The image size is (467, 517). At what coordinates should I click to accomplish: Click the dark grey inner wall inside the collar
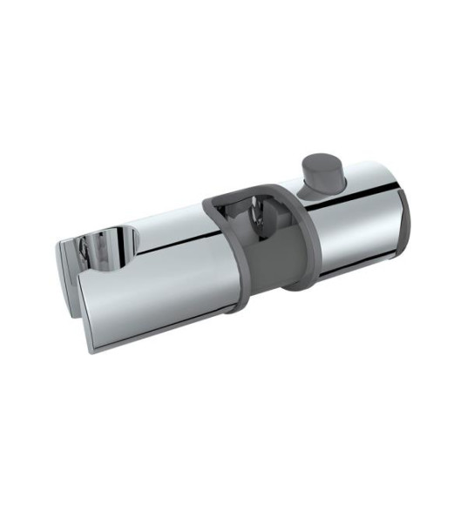(x=261, y=252)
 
